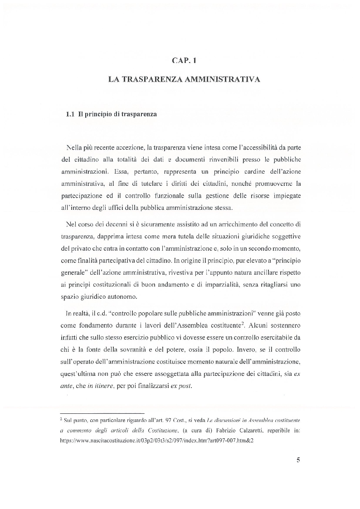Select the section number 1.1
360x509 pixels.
(70, 114)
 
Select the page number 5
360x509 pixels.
(298, 460)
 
